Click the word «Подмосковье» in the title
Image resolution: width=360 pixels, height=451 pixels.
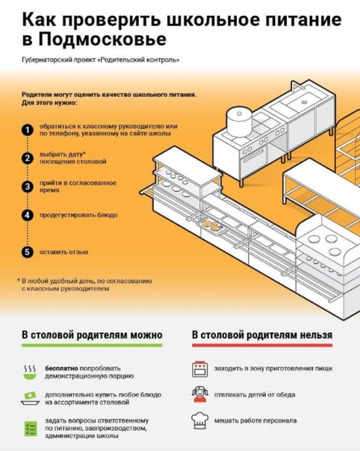(x=102, y=40)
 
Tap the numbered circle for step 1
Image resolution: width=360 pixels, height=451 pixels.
(x=28, y=130)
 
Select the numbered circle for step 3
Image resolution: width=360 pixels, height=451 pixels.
(x=28, y=187)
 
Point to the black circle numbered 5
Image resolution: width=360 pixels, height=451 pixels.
(x=28, y=252)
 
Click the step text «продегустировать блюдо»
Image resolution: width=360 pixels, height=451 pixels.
(x=78, y=215)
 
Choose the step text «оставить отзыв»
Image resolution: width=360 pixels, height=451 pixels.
(x=63, y=252)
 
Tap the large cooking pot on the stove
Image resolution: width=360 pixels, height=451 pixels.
(x=240, y=121)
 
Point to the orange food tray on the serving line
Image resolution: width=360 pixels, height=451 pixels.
(x=211, y=225)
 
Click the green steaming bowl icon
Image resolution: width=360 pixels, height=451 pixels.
(x=30, y=372)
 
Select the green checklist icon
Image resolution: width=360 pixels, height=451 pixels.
(x=30, y=429)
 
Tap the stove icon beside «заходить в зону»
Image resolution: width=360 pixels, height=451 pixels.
(x=199, y=369)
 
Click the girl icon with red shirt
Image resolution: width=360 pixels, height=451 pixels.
(x=199, y=394)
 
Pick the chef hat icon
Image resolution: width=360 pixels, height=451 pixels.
(x=199, y=420)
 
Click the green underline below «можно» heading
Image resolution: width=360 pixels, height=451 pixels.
(x=92, y=345)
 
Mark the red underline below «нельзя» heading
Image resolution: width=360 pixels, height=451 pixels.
(x=262, y=345)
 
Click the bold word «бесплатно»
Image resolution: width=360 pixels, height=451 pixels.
(x=61, y=368)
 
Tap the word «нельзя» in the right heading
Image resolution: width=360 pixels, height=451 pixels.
(x=316, y=335)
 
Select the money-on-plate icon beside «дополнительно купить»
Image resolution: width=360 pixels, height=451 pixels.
(x=30, y=399)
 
